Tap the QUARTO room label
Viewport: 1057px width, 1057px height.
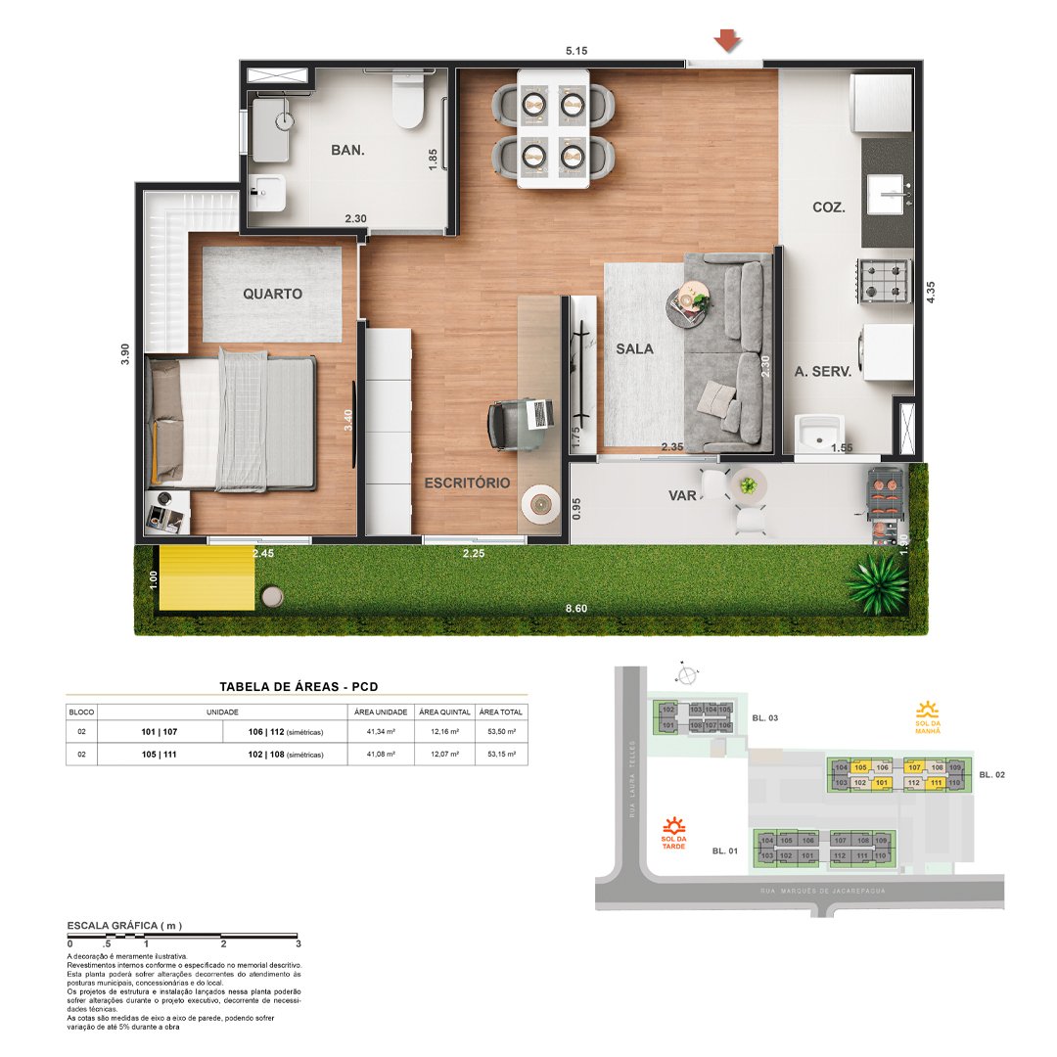[272, 294]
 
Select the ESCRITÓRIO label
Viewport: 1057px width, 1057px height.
[467, 483]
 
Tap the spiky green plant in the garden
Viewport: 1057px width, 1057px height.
[877, 585]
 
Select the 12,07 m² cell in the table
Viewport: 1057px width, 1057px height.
[444, 755]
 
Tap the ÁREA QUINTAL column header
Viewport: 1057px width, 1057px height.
[444, 712]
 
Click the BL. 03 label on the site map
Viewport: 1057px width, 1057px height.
[765, 718]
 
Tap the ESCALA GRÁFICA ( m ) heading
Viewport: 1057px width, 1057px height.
[124, 925]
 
